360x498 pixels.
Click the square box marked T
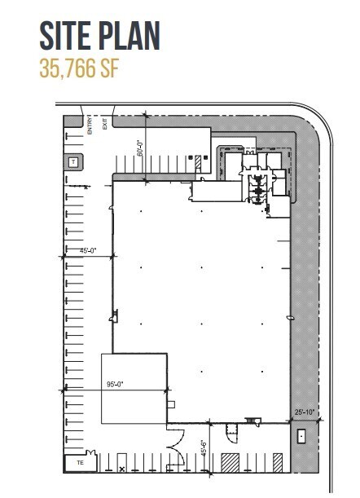pyautogui.click(x=73, y=162)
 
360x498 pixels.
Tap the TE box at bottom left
pyautogui.click(x=81, y=462)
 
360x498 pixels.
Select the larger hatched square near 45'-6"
pyautogui.click(x=230, y=461)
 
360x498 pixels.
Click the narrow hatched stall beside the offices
pyautogui.click(x=198, y=163)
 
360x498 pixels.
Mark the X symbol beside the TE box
pyautogui.click(x=122, y=469)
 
